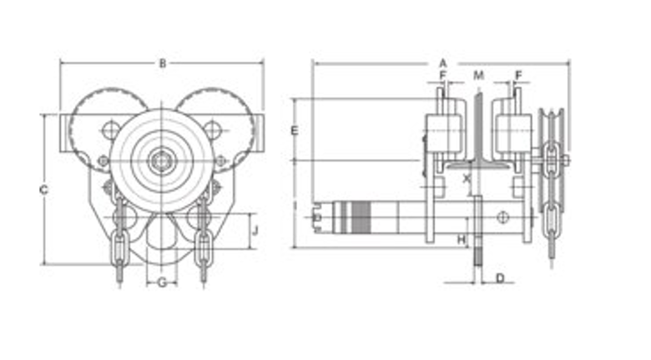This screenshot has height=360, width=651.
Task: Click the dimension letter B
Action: pos(163,64)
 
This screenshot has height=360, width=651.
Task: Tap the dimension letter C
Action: pos(44,190)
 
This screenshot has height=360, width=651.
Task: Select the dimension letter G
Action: pos(162,283)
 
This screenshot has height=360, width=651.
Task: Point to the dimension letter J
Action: pos(256,230)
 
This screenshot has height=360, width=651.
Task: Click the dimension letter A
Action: pos(443,64)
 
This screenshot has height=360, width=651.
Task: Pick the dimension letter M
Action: pos(479,76)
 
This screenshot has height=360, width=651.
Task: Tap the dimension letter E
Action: pos(294,131)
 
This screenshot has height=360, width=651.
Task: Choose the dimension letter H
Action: pos(462,240)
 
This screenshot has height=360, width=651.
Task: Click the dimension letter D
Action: pos(500,278)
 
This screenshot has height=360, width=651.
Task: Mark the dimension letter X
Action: pos(467,179)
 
